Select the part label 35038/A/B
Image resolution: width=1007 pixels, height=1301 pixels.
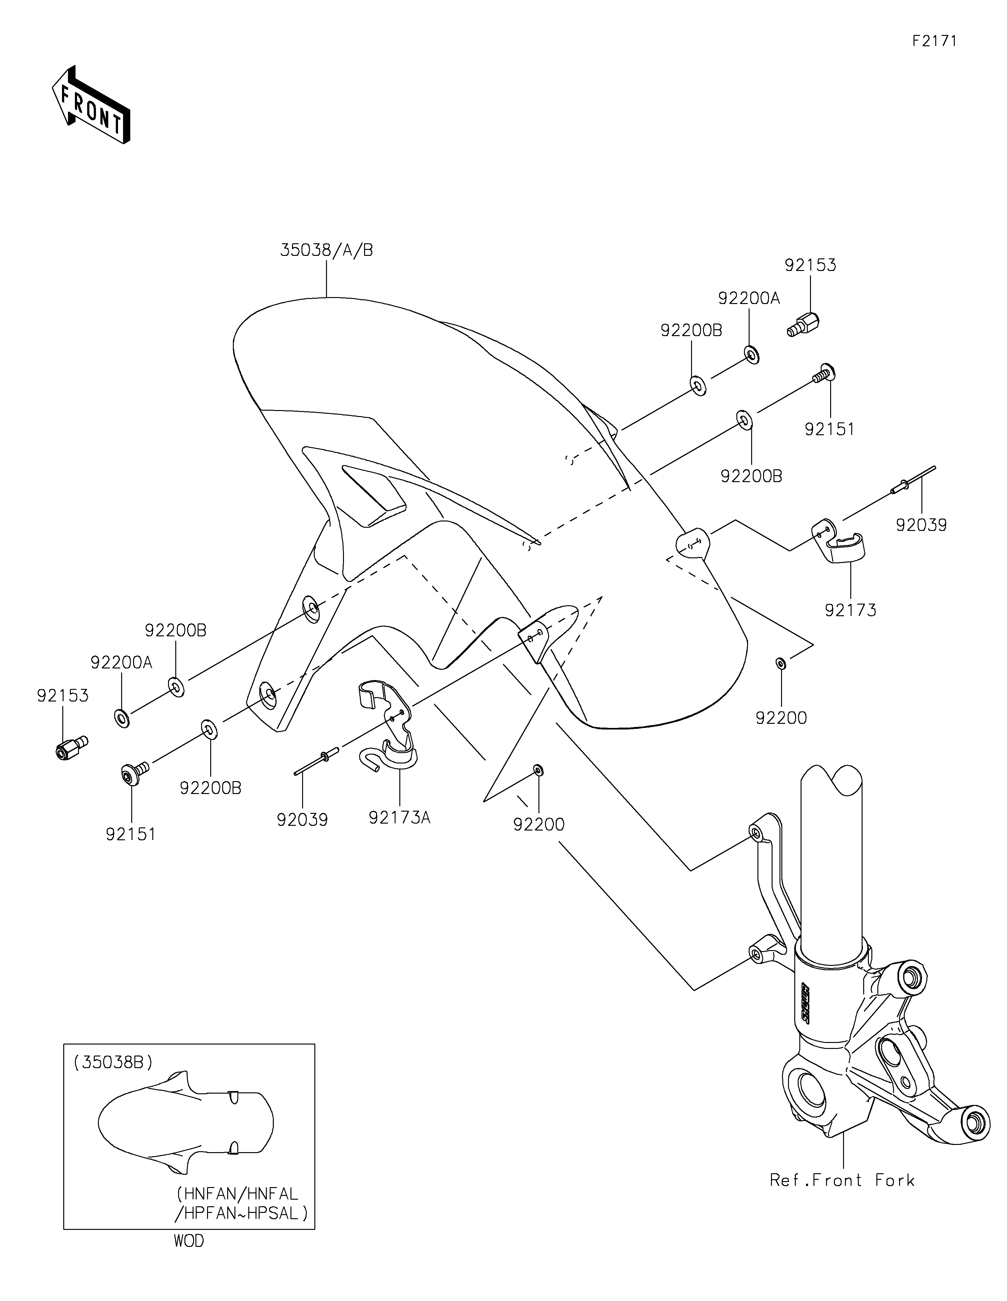327,250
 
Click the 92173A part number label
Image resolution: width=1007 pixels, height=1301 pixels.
400,818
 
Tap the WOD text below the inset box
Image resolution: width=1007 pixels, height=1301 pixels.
189,1242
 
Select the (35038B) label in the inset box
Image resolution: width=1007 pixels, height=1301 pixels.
114,1062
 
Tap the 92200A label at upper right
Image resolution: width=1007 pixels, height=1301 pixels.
749,298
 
